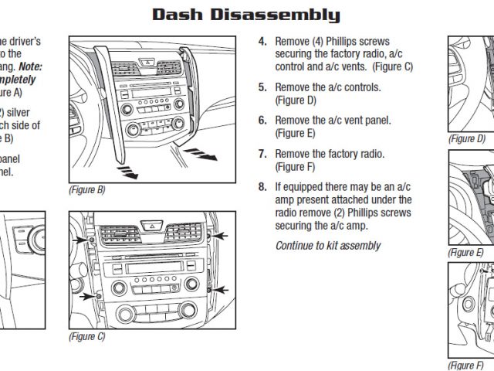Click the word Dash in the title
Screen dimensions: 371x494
[x=180, y=15]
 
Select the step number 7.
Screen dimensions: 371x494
[x=262, y=154]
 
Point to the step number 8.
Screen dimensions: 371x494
[x=262, y=186]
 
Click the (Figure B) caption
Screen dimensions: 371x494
[x=87, y=189]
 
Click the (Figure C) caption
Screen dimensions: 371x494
[x=86, y=336]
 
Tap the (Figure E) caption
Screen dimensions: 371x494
[x=466, y=253]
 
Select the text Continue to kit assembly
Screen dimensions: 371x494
[x=328, y=246]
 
